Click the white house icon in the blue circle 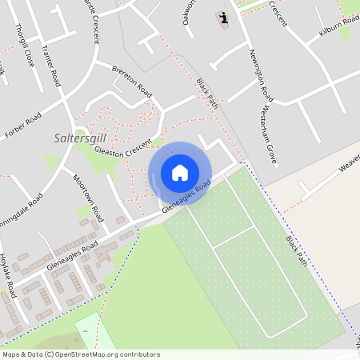[180, 173]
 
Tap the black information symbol [223, 18]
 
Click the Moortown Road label [88, 198]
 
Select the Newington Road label [261, 73]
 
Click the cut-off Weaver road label [350, 163]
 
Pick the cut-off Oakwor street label [189, 11]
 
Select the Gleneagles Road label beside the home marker [186, 196]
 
